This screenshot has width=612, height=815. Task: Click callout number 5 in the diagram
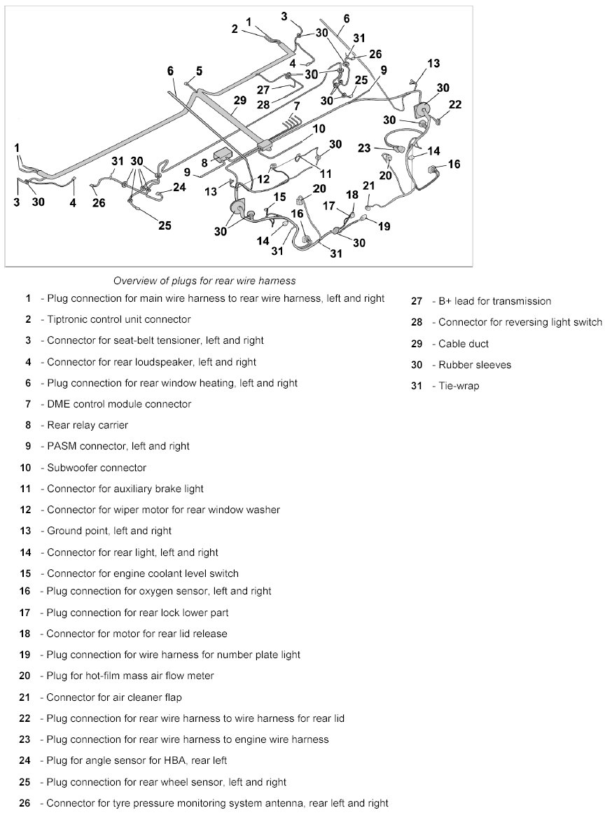[x=200, y=71]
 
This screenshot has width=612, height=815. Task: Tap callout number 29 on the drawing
[x=239, y=101]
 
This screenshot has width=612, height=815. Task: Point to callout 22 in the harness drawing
[x=456, y=104]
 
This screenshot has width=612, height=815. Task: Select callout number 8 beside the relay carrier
[x=205, y=162]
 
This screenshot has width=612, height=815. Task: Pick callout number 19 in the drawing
[x=384, y=226]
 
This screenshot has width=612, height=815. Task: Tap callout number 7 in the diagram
[x=296, y=106]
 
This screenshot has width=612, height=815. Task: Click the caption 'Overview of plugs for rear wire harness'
[x=204, y=281]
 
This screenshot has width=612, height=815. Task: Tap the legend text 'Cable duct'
[x=464, y=344]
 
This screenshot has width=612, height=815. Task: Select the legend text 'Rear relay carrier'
[x=88, y=425]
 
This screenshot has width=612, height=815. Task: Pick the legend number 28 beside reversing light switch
[x=417, y=322]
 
